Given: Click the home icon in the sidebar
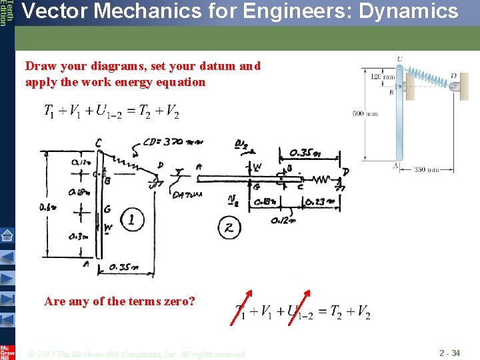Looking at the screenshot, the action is tap(7, 235).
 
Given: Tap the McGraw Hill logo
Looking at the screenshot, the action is tap(7, 351).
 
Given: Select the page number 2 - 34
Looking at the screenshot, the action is tap(449, 353).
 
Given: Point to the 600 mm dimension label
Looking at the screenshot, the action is tap(365, 114).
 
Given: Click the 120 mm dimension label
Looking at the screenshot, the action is tap(383, 77).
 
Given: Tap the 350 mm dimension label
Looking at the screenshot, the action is tap(428, 170).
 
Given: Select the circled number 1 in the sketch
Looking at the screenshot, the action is tap(132, 219).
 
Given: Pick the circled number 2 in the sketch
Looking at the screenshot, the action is tap(229, 228).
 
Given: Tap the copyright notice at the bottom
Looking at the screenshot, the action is tap(137, 353).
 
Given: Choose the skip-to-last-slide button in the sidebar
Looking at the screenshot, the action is tap(7, 296).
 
